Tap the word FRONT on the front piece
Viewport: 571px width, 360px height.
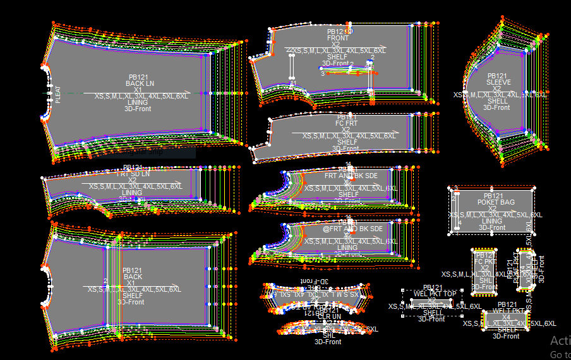(337, 38)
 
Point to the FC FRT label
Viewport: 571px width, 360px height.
(347, 123)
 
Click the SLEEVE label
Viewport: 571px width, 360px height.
(498, 82)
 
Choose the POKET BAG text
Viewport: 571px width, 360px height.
(495, 202)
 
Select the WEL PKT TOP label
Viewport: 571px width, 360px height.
(435, 294)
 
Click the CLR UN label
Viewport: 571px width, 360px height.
(329, 316)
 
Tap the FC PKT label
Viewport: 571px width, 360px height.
(485, 261)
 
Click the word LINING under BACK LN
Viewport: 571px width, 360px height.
(138, 102)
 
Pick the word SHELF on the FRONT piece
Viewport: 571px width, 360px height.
(337, 57)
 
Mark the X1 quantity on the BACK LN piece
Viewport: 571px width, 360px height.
(138, 90)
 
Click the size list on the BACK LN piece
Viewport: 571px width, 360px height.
(141, 96)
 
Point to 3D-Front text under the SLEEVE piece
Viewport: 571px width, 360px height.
(496, 107)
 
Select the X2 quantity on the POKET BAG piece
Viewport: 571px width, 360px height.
(492, 208)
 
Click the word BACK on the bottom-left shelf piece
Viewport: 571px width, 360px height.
(133, 277)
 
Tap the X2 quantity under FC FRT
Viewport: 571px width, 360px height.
(347, 129)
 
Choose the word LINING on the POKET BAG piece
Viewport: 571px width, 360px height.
(492, 221)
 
